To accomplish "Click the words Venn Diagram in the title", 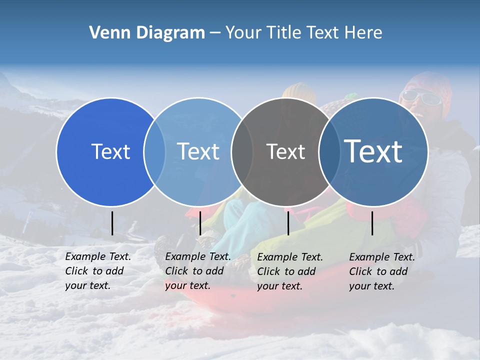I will click(147, 33).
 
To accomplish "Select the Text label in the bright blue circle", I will click(110, 151).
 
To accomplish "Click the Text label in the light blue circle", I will click(198, 151).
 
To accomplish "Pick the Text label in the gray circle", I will click(285, 151).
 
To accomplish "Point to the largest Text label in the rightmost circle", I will click(373, 151).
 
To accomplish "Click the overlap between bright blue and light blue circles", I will click(154, 151).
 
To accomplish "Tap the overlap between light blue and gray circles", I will click(241, 151).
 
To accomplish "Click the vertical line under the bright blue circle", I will click(112, 223).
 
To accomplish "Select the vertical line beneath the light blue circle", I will click(200, 223).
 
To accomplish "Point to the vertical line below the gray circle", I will click(288, 223).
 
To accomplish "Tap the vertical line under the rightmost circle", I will click(372, 223).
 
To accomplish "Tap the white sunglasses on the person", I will click(421, 96).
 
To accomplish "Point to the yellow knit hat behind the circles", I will click(299, 91).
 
